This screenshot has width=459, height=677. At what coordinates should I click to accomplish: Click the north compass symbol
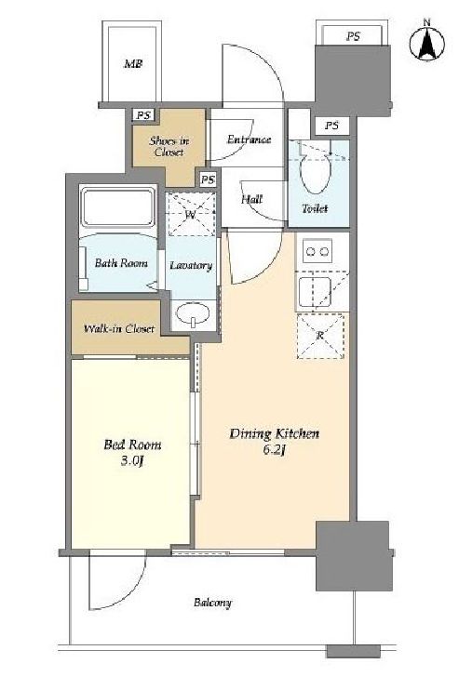(427, 43)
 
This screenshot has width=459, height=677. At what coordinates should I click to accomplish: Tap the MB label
(133, 64)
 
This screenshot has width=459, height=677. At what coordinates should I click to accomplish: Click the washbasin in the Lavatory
(193, 313)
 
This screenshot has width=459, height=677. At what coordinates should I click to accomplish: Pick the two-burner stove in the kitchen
(317, 251)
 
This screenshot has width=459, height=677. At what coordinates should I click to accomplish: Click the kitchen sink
(315, 292)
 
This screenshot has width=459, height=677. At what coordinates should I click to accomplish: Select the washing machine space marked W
(191, 215)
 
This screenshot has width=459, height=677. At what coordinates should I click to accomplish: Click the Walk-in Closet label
(119, 329)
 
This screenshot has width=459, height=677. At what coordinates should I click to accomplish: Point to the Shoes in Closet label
(169, 146)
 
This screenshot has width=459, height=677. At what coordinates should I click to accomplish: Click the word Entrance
(250, 139)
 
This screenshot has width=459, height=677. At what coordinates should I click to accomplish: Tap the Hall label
(251, 199)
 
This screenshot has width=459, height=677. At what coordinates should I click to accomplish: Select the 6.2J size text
(274, 450)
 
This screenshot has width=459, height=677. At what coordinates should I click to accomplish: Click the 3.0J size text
(132, 461)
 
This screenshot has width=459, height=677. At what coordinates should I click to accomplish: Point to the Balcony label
(212, 603)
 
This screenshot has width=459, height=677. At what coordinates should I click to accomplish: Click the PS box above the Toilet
(331, 126)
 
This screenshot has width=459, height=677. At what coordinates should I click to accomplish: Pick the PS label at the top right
(353, 36)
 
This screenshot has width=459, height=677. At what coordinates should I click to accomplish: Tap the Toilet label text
(315, 208)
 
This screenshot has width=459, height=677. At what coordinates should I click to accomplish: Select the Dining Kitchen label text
(275, 433)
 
